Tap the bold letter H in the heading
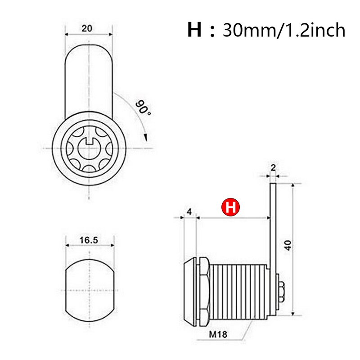(194, 30)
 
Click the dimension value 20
(87, 28)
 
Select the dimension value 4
(189, 212)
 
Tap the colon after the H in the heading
(212, 31)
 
